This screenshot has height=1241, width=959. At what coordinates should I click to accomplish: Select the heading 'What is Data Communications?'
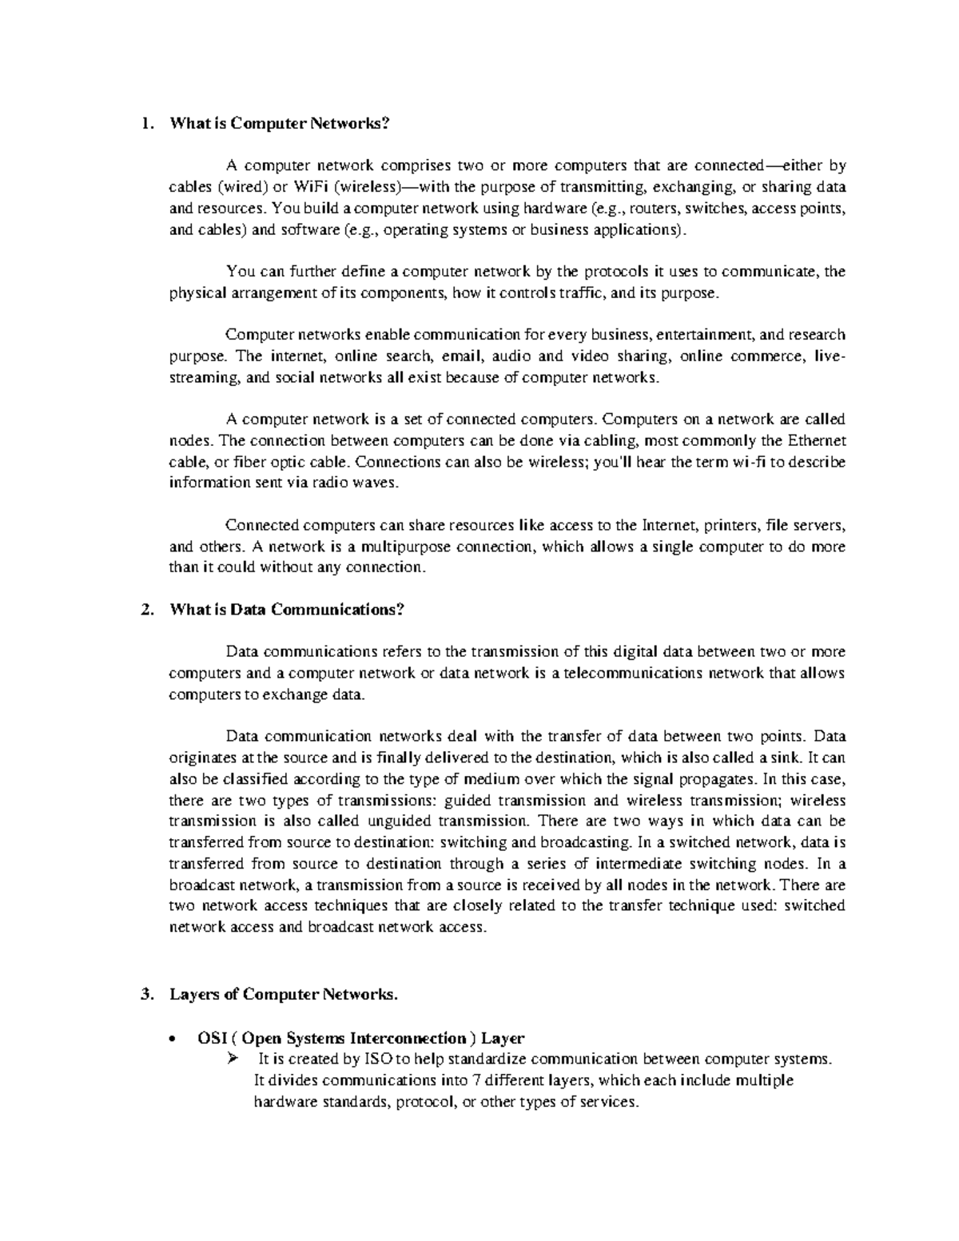pyautogui.click(x=288, y=610)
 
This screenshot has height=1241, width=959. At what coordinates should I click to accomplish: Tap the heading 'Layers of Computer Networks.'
pyautogui.click(x=283, y=995)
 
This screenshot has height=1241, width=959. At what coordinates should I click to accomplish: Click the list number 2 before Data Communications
pyautogui.click(x=145, y=610)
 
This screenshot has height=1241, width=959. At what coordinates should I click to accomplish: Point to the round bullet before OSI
pyautogui.click(x=173, y=1039)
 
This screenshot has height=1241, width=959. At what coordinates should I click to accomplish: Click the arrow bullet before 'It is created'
pyautogui.click(x=233, y=1060)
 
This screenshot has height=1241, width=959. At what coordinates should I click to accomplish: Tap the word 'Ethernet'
pyautogui.click(x=816, y=441)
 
